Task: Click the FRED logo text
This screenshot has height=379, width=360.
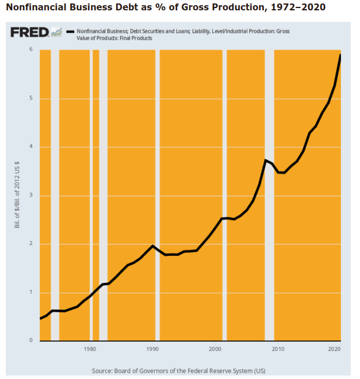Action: pos(29,32)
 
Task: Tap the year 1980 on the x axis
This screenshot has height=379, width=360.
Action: pos(89,349)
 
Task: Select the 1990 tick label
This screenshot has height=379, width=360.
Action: pos(152,349)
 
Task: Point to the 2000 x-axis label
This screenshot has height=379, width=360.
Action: pos(215,349)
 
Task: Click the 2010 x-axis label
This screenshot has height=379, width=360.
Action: pos(277,349)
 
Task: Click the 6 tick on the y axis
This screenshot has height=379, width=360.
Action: pos(32,50)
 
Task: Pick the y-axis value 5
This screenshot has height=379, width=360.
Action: pos(32,98)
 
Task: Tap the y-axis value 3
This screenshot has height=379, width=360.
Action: pos(32,196)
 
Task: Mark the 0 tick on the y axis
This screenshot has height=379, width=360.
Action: pos(32,340)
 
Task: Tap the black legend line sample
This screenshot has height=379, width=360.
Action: pos(70,30)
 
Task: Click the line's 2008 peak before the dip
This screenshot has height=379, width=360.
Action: pos(265,160)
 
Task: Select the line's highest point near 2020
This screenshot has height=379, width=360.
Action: pos(340,55)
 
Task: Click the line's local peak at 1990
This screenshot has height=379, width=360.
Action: pos(152,246)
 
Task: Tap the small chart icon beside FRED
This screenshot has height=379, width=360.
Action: pos(56,32)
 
